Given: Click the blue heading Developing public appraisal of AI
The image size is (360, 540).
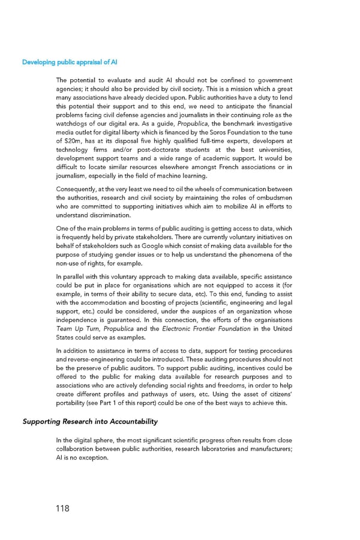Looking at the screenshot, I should (x=70, y=62).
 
